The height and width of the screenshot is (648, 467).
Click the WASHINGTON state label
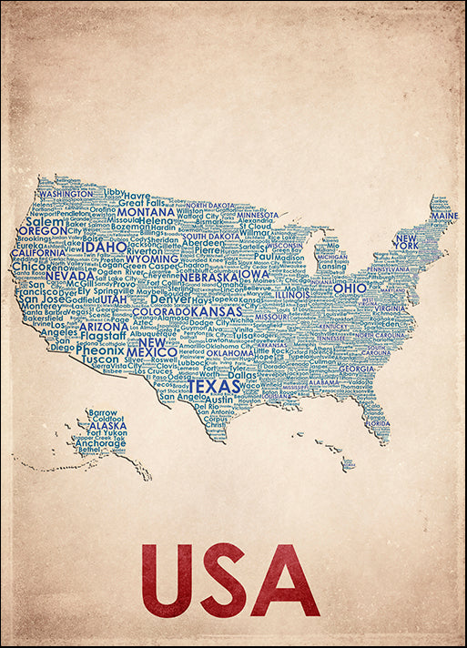click(66, 194)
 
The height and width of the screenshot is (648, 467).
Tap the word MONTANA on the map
click(146, 211)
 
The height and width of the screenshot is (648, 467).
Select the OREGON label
click(42, 231)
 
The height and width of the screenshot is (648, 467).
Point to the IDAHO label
click(105, 246)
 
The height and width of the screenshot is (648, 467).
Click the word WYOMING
click(152, 258)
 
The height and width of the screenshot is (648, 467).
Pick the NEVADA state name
click(70, 276)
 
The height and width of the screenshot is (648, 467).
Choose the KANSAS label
click(216, 312)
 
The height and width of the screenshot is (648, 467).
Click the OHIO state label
click(350, 288)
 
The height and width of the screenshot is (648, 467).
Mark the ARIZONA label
click(104, 326)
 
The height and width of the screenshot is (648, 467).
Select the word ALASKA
click(107, 425)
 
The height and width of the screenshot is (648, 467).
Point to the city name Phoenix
click(99, 349)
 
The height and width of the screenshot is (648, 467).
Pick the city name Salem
click(46, 220)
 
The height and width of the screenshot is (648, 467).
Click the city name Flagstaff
click(103, 336)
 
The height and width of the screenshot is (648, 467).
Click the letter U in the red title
click(166, 579)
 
